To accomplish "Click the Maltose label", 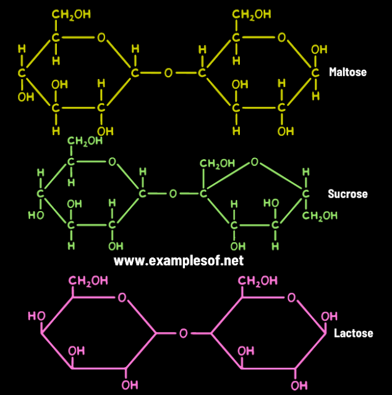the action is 347,72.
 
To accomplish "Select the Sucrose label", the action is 347,194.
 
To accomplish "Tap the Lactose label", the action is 354,333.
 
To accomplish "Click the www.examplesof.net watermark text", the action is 179,260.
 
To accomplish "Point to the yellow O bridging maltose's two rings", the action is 168,73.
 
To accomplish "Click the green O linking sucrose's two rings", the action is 173,194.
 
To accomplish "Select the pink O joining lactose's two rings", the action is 183,333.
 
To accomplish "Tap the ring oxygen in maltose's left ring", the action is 101,37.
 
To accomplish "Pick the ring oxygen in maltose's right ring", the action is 282,37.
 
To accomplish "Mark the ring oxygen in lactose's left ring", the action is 122,298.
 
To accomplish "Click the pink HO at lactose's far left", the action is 36,316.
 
